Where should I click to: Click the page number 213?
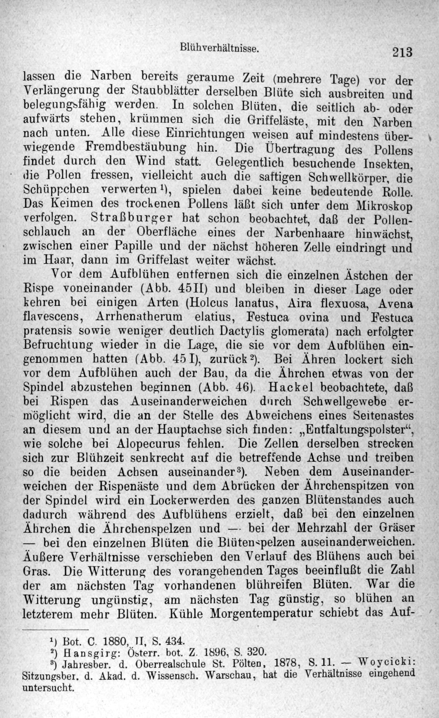click(402, 52)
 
